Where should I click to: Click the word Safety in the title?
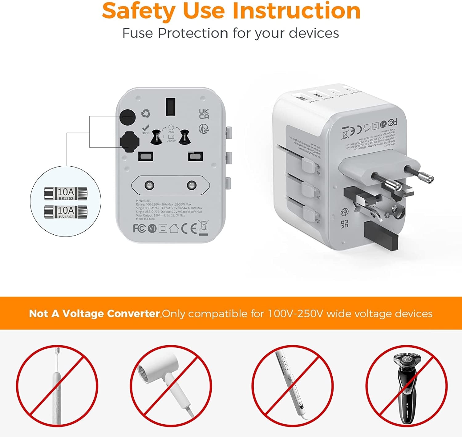[x=139, y=11]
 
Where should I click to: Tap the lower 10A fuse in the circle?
[x=66, y=212]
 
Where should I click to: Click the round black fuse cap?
[x=128, y=117]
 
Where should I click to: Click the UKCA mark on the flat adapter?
[x=204, y=114]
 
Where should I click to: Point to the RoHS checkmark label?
[x=145, y=129]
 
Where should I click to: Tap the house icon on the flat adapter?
[x=174, y=228]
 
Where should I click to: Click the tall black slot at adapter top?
[x=170, y=107]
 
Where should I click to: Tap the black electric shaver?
[x=407, y=388]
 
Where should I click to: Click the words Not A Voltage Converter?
[x=94, y=314]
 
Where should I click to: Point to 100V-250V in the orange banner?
[x=295, y=314]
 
